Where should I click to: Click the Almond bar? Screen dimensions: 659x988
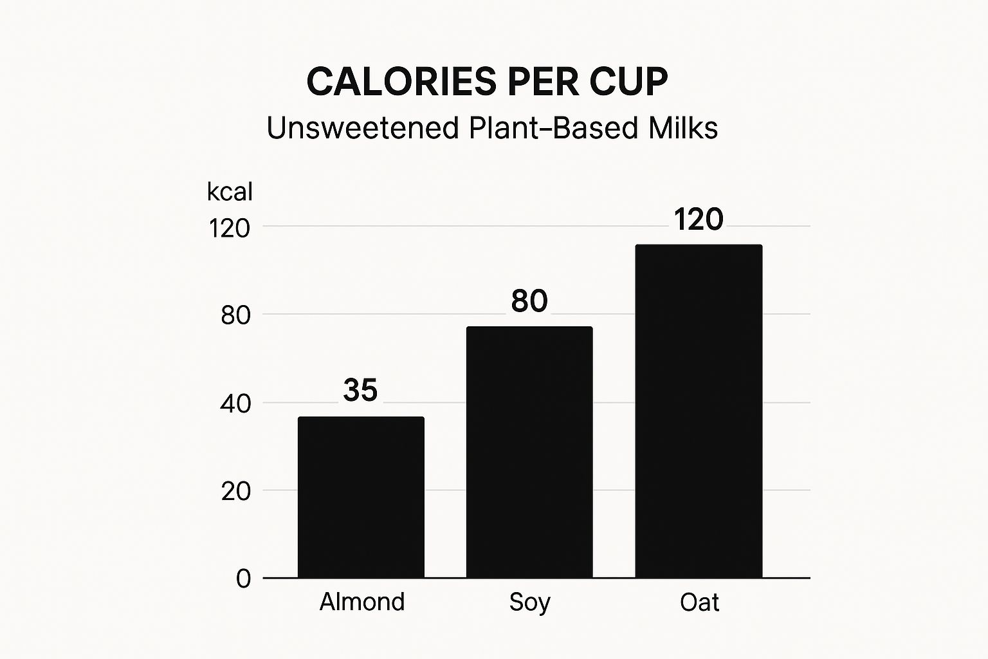coord(361,497)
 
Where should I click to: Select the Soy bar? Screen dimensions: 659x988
coord(529,452)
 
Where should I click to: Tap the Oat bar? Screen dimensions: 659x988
coord(699,411)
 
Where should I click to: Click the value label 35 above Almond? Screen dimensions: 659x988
coord(360,390)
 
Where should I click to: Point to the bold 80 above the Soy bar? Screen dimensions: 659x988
coord(529,301)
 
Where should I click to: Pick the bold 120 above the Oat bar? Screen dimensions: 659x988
coord(699,219)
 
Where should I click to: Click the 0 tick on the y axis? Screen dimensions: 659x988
coord(243,579)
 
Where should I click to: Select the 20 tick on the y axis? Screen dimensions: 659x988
coord(235,491)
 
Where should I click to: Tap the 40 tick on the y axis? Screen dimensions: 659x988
coord(235,404)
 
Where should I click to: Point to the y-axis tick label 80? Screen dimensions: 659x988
coord(235,315)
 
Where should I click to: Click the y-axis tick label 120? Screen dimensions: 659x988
coord(229,228)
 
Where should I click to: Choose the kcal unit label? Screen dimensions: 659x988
coord(230,192)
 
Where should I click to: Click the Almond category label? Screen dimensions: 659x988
coord(362,602)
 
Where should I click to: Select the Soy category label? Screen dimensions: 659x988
coord(529,602)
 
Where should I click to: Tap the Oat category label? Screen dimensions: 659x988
coord(699,602)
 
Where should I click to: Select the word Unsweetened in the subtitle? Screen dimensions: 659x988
coord(362,127)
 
